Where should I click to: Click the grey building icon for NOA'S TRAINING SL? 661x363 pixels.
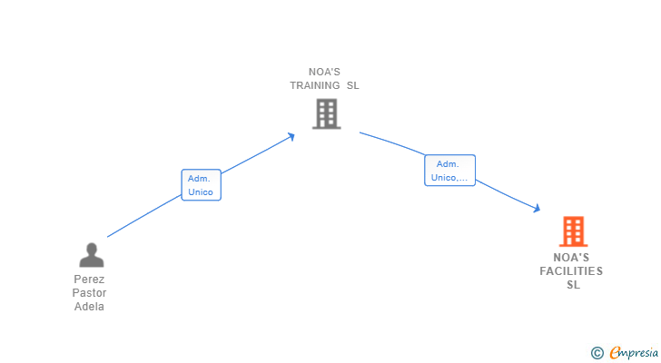[326, 113]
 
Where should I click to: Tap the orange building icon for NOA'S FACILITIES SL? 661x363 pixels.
[573, 231]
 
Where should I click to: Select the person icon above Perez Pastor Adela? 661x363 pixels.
[91, 255]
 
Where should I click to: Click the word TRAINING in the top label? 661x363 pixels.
[314, 85]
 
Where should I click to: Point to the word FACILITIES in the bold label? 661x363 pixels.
[571, 271]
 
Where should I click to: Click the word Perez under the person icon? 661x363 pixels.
[90, 280]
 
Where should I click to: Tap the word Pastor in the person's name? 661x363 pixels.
[90, 293]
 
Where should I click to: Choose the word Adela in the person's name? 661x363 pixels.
[90, 307]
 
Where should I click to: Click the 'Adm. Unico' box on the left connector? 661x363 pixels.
[201, 185]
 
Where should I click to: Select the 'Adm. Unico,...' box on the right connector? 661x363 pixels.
[449, 171]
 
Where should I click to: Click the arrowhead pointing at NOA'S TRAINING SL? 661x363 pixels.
[291, 136]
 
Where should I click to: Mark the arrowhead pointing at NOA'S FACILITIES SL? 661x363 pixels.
[537, 209]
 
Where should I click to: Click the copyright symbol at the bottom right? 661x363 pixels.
[597, 353]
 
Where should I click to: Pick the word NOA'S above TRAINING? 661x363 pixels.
[325, 72]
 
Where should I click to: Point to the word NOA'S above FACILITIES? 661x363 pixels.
[572, 258]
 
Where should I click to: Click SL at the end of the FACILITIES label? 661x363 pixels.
[573, 285]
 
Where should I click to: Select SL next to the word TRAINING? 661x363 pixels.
[352, 85]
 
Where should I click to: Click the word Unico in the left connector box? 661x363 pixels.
[201, 192]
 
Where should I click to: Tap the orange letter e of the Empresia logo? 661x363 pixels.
[615, 353]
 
